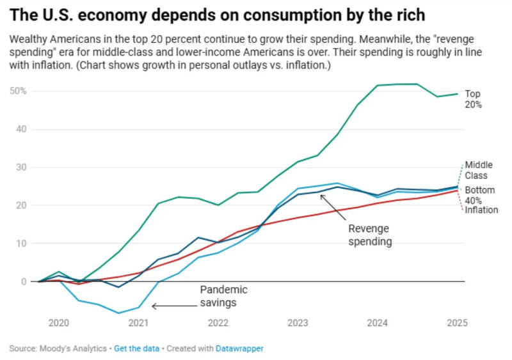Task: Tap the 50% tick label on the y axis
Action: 19,91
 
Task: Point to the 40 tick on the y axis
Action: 22,129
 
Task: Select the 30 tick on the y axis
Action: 22,167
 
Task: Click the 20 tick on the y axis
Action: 22,205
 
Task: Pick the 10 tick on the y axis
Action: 22,244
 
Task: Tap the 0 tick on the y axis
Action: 24,281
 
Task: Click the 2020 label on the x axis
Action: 59,324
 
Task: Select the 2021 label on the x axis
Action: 138,324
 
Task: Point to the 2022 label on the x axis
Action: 218,324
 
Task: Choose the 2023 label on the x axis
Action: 298,324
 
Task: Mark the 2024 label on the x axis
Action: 377,324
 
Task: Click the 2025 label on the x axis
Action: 456,324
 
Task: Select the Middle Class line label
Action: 476,170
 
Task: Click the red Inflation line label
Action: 481,210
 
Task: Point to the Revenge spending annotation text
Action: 370,235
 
